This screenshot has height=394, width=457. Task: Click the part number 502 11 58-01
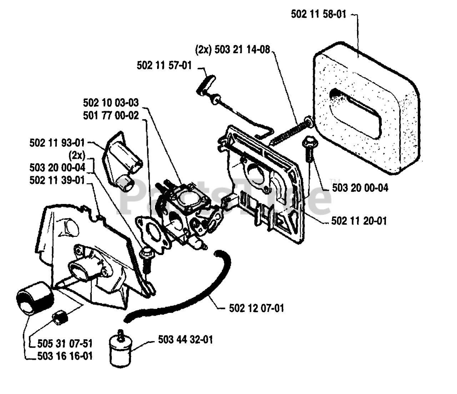[x=318, y=15]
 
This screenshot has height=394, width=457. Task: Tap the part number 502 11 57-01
[x=164, y=66]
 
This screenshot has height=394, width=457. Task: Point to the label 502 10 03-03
[x=111, y=103]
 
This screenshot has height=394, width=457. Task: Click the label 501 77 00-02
[x=111, y=116]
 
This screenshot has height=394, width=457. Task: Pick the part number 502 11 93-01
[x=57, y=143]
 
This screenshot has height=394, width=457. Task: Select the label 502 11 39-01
[x=57, y=180]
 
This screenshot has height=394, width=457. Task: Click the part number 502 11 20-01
[x=359, y=221]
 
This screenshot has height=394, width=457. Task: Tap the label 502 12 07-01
[x=256, y=308]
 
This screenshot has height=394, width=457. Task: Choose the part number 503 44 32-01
[x=185, y=339]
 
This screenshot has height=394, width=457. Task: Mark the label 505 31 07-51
[x=65, y=344]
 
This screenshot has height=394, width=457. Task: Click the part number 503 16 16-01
[x=65, y=356]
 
